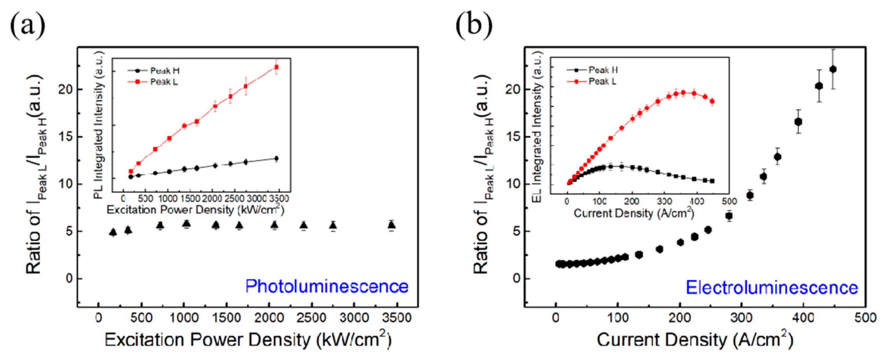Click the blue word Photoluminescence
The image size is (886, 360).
pos(326,286)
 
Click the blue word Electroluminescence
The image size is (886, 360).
pos(772,287)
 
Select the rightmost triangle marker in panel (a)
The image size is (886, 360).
pos(391,225)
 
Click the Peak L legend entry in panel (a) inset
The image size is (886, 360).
pos(164,82)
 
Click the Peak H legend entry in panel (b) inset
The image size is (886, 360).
pos(603,70)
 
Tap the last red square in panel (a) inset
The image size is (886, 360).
pos(276,67)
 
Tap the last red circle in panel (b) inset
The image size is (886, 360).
pos(712,101)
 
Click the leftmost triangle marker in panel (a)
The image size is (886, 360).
pos(113,233)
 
